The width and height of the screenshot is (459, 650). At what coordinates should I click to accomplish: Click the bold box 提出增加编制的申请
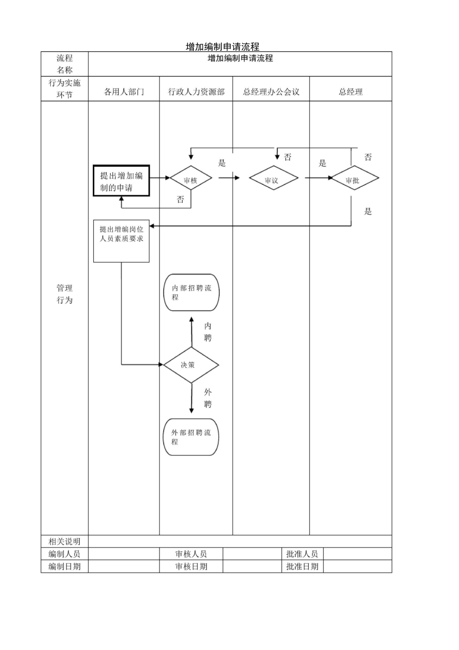pyautogui.click(x=121, y=181)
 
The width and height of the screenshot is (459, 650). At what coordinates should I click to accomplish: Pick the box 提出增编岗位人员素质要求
pyautogui.click(x=121, y=241)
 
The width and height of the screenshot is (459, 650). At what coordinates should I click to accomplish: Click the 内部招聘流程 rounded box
pyautogui.click(x=191, y=293)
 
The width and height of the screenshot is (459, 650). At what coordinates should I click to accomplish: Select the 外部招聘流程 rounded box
pyautogui.click(x=191, y=437)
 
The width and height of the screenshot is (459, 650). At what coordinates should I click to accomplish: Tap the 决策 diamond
pyautogui.click(x=191, y=365)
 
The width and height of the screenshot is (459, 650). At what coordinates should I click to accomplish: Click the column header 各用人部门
pyautogui.click(x=124, y=91)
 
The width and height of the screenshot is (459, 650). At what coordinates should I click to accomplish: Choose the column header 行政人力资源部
pyautogui.click(x=196, y=91)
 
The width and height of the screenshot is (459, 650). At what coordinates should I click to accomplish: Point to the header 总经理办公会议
pyautogui.click(x=271, y=91)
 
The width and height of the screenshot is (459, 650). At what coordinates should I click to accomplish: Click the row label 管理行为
pyautogui.click(x=65, y=294)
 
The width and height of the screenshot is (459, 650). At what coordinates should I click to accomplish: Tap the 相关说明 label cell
pyautogui.click(x=65, y=541)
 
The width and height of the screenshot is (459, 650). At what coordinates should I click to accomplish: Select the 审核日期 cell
pyautogui.click(x=191, y=566)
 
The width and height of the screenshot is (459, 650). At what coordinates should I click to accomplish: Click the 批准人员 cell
pyautogui.click(x=302, y=554)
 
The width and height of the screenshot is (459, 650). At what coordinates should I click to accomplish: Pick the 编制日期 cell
pyautogui.click(x=65, y=566)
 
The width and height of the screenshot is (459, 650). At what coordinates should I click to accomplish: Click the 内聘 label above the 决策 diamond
pyautogui.click(x=208, y=332)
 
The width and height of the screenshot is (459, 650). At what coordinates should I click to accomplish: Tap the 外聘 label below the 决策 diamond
pyautogui.click(x=208, y=398)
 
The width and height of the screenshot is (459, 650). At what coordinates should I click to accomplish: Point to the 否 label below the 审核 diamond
pyautogui.click(x=180, y=199)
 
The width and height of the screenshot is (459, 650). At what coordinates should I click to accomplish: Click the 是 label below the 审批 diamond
pyautogui.click(x=368, y=211)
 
